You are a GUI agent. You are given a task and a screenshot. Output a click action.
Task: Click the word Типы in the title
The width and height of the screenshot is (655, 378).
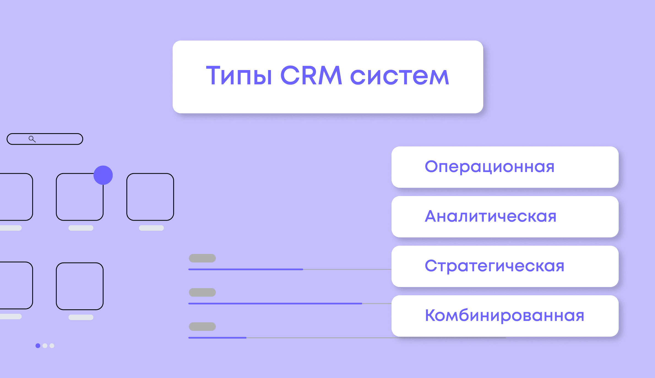click(x=239, y=76)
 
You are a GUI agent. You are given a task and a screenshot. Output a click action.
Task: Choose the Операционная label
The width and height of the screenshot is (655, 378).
click(x=490, y=167)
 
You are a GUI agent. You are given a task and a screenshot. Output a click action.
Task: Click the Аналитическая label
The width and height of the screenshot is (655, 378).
click(x=491, y=216)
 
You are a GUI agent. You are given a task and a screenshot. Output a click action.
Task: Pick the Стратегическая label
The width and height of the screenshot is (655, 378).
click(x=494, y=266)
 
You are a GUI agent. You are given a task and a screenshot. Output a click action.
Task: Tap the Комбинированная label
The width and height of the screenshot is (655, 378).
click(x=504, y=316)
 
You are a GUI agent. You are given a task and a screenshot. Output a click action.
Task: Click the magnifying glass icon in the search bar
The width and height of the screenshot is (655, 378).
click(x=32, y=139)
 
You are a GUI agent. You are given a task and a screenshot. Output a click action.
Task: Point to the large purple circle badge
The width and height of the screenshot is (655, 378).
click(x=103, y=175)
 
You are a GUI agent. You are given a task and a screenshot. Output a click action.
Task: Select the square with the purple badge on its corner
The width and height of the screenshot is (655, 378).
click(x=80, y=197)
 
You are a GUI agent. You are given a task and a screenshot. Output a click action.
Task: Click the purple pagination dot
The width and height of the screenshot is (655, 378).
click(x=38, y=346)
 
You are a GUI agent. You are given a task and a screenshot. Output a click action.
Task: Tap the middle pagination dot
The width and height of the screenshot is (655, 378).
click(x=45, y=346)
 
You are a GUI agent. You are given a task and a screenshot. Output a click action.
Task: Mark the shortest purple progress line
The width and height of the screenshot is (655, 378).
click(x=217, y=338)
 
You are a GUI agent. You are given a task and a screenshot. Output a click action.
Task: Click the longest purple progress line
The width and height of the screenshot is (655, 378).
click(x=275, y=304)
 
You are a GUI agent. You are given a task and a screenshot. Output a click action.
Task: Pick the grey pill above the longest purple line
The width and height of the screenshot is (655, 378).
click(x=202, y=292)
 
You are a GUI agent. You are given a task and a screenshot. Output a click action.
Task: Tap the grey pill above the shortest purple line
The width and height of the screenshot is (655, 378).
click(x=202, y=326)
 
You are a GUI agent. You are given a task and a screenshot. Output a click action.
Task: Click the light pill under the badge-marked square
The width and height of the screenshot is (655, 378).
click(x=81, y=228)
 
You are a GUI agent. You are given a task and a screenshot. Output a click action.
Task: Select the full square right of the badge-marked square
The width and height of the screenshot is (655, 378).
click(x=150, y=197)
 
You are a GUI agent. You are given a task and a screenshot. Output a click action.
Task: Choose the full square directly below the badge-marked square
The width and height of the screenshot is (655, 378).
click(x=80, y=286)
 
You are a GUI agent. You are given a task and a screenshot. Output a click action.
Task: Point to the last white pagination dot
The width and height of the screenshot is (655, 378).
click(x=52, y=346)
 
